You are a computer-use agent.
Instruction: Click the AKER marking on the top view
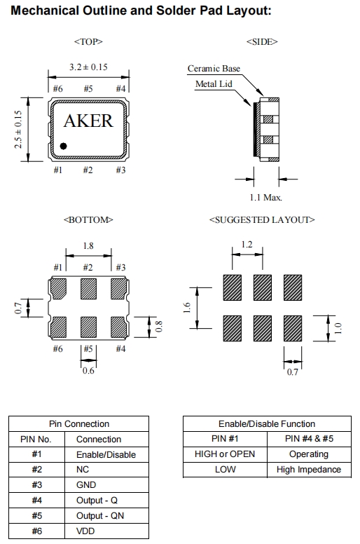pos(88,121)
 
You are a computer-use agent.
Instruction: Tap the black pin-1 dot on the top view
pos(63,146)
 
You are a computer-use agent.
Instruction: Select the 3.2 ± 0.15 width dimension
pos(88,67)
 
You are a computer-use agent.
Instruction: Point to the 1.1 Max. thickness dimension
pos(265,198)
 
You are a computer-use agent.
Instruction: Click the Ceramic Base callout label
pos(214,68)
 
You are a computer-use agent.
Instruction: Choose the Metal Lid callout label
pos(214,84)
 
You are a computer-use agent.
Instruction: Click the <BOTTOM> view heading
pos(88,220)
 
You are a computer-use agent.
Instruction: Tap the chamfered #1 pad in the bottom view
pos(58,289)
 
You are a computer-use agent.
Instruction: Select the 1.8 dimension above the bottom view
pos(88,246)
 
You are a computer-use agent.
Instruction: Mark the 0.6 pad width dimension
pos(88,371)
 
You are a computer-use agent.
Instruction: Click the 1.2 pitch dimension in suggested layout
pos(247,245)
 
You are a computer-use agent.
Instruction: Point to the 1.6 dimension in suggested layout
pos(187,308)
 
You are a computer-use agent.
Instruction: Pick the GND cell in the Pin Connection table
pos(86,484)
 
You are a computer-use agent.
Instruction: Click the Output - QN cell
pos(99,515)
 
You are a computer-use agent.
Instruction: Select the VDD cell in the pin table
pos(85,531)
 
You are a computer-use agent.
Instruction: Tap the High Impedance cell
pos(309,470)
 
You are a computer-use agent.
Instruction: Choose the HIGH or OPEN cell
pos(225,454)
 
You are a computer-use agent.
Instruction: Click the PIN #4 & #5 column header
pos(309,439)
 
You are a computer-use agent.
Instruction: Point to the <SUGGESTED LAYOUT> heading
pos(262,220)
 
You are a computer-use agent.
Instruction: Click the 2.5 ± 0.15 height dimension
pos(18,130)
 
